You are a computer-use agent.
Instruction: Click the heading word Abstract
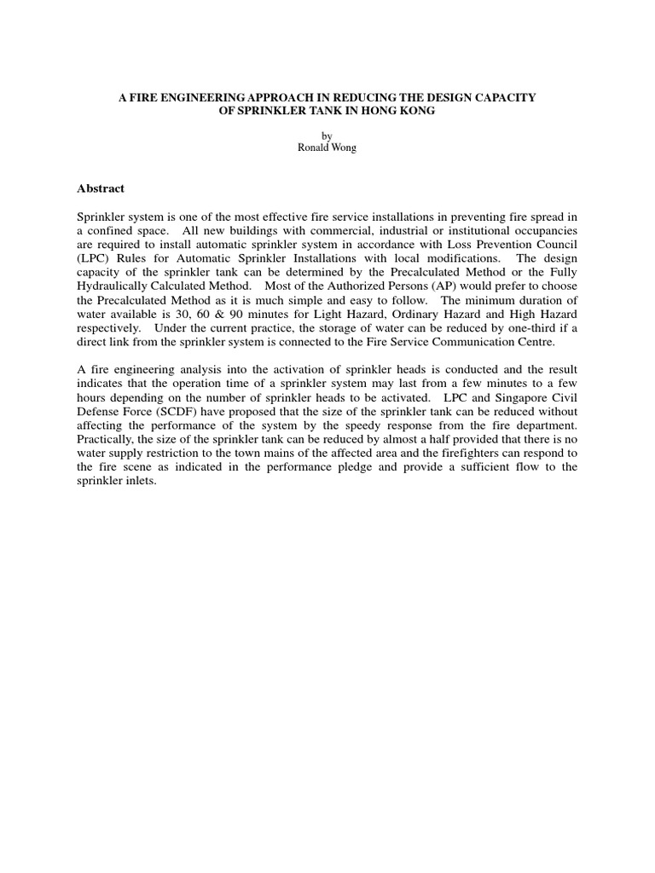pos(101,188)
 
